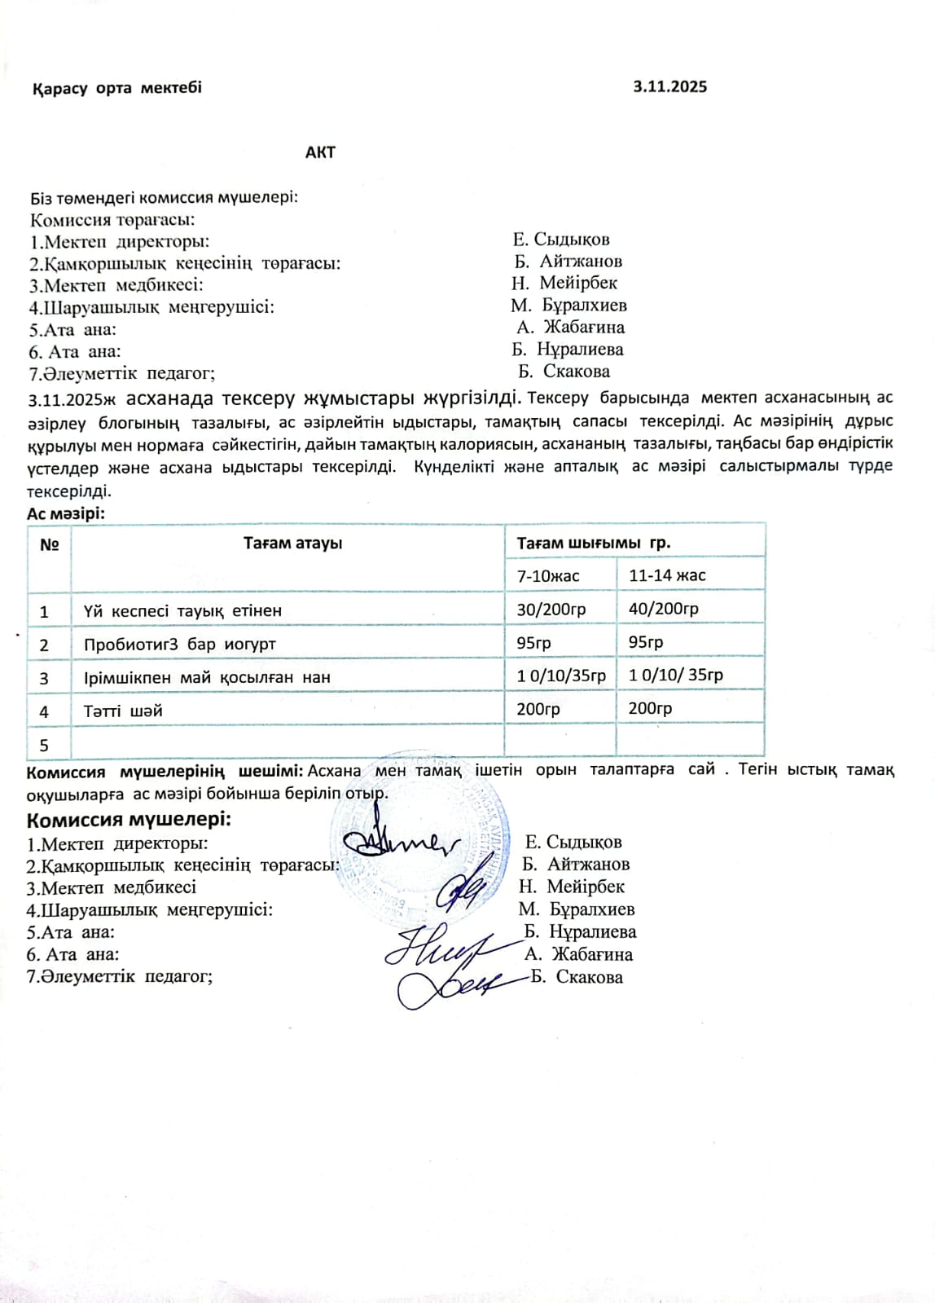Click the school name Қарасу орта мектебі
(116, 88)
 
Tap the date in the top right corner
(669, 87)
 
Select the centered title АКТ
(320, 152)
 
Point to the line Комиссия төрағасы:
(112, 219)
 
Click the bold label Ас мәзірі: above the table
(66, 513)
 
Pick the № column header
(49, 544)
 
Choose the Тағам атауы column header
(292, 543)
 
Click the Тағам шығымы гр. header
(593, 543)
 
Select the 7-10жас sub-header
(548, 575)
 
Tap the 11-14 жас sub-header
(667, 575)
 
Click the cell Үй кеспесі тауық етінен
(182, 610)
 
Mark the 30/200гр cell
(551, 609)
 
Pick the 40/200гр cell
(663, 609)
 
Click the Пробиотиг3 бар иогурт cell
(179, 644)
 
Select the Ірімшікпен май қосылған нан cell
(207, 677)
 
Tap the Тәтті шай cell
(123, 711)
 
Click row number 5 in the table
(44, 745)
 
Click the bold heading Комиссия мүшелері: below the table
(129, 819)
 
